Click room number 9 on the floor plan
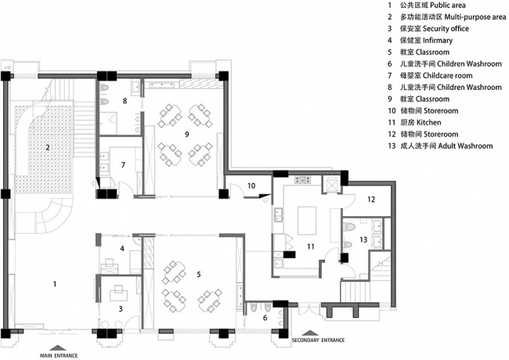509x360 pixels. point(186,134)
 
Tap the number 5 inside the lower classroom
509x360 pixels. point(199,275)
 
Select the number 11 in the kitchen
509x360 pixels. point(311,247)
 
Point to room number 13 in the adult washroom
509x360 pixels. point(363,239)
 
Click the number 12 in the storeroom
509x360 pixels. point(371,199)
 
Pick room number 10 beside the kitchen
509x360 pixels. point(251,185)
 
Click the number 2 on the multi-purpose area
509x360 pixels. point(48,148)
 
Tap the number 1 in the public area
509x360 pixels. point(55,284)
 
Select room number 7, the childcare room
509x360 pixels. point(123,165)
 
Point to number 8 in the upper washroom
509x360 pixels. point(125,101)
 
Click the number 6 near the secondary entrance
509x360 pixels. point(265,318)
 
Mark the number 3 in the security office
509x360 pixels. point(121,308)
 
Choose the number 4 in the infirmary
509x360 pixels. point(122,248)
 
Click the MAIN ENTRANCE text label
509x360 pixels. point(59,355)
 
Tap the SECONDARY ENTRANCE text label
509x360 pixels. point(318,340)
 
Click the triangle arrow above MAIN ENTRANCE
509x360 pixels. point(59,347)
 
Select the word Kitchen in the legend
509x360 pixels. point(429,122)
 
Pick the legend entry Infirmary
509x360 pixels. point(438,40)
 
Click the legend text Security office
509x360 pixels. point(446,28)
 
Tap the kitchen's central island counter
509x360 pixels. point(307,220)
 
